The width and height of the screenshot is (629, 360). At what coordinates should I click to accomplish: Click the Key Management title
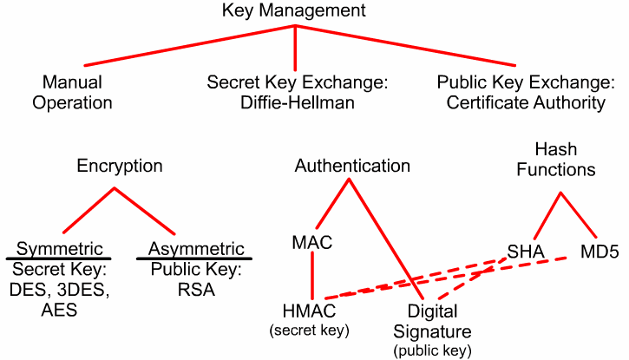[x=294, y=11]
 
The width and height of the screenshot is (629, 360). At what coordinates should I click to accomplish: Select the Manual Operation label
[x=79, y=93]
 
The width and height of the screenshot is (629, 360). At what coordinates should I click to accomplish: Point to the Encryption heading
[x=120, y=165]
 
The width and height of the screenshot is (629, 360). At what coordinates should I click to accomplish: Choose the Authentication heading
[x=352, y=165]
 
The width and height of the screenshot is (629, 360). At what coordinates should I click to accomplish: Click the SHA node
[x=526, y=252]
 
